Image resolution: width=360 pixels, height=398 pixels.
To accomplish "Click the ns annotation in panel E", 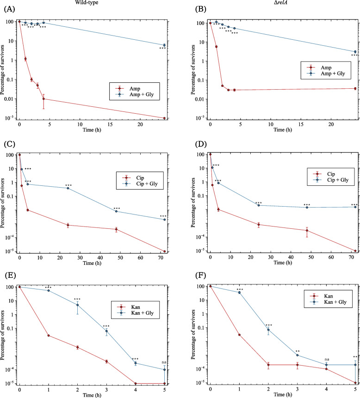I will pyautogui.click(x=164, y=355).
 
